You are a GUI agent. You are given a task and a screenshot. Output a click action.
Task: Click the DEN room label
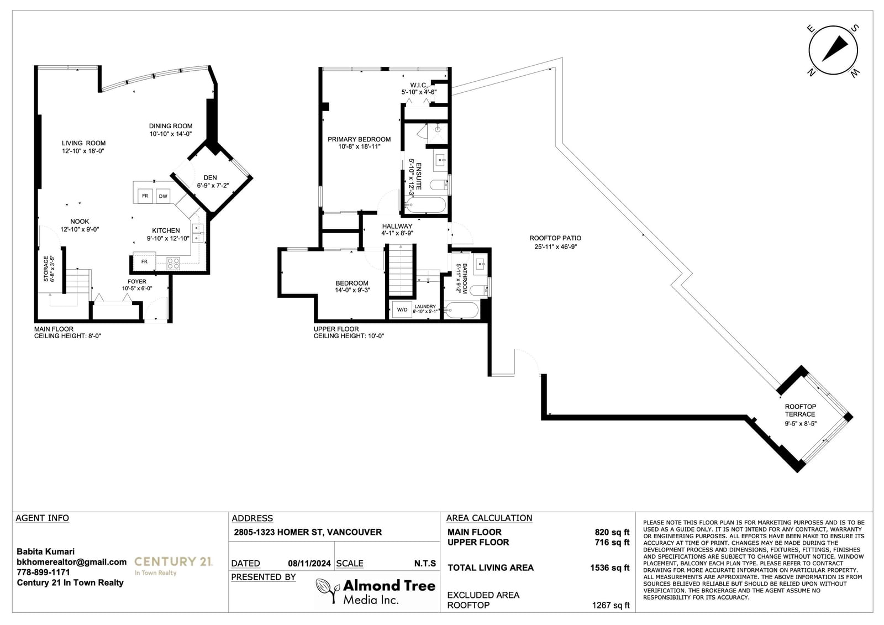[211, 178]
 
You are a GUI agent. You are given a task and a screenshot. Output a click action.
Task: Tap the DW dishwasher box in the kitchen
[163, 196]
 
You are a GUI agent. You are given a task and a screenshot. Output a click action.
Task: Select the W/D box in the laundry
[402, 309]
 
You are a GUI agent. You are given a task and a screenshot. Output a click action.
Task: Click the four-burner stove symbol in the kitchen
[173, 263]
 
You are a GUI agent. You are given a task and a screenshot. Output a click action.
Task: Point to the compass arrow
[835, 54]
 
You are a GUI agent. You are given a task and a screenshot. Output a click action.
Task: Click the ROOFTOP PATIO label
[555, 238]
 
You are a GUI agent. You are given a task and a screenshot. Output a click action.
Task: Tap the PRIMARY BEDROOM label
[359, 139]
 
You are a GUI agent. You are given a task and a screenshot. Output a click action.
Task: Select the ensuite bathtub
[426, 206]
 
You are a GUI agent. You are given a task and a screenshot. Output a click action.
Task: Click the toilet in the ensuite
[439, 185]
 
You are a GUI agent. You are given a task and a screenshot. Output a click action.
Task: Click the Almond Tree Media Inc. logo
[376, 591]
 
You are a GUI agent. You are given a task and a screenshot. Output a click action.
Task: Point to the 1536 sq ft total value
[610, 568]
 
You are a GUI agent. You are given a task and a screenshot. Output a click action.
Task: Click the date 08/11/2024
[309, 564]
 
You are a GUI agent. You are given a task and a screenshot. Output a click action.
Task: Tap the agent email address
[71, 562]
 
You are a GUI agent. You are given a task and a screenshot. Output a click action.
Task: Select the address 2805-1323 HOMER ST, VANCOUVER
[308, 532]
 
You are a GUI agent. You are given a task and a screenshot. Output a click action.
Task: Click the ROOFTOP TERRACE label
[801, 410]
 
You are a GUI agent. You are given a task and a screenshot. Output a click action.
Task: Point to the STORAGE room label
[46, 269]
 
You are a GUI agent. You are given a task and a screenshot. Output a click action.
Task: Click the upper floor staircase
[401, 270]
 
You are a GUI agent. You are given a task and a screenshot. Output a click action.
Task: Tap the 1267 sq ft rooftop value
[611, 605]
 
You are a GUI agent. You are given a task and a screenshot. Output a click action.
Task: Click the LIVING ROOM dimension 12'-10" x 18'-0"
[83, 151]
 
